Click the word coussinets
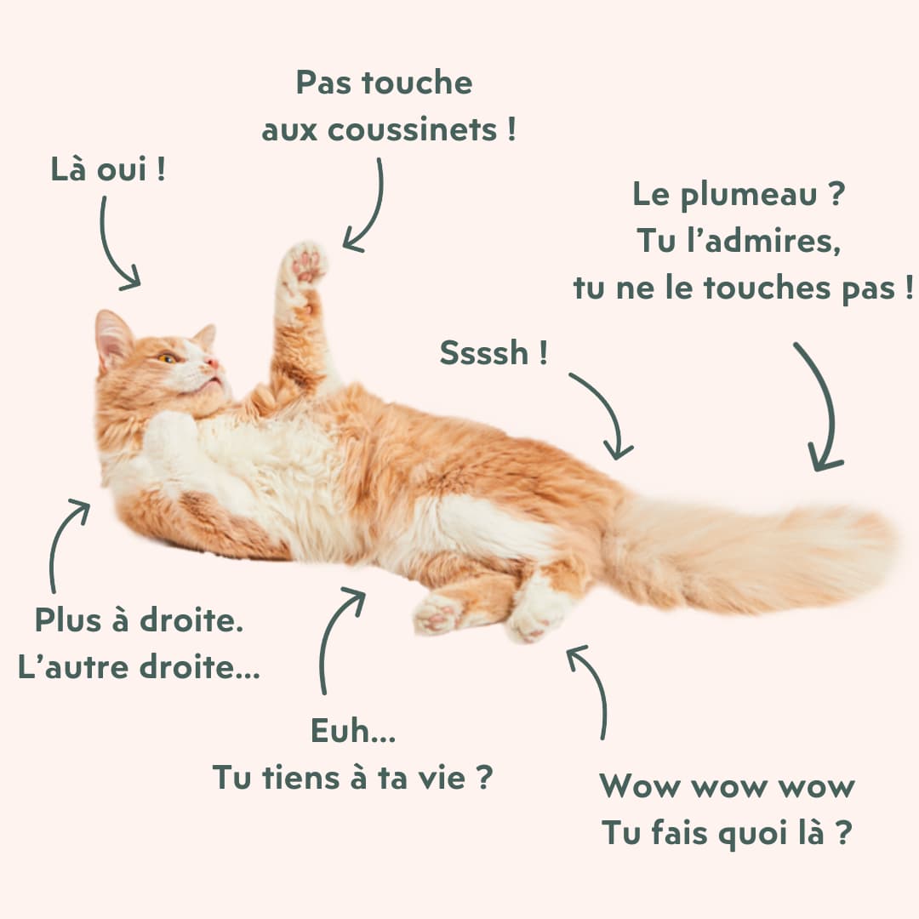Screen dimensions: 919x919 click(x=412, y=129)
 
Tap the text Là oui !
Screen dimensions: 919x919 click(x=108, y=168)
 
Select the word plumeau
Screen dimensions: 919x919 click(x=749, y=195)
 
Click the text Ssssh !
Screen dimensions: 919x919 click(x=494, y=352)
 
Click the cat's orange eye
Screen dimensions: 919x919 click(x=167, y=358)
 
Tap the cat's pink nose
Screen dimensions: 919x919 click(x=214, y=364)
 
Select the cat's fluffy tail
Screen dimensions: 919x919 click(x=751, y=554)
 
